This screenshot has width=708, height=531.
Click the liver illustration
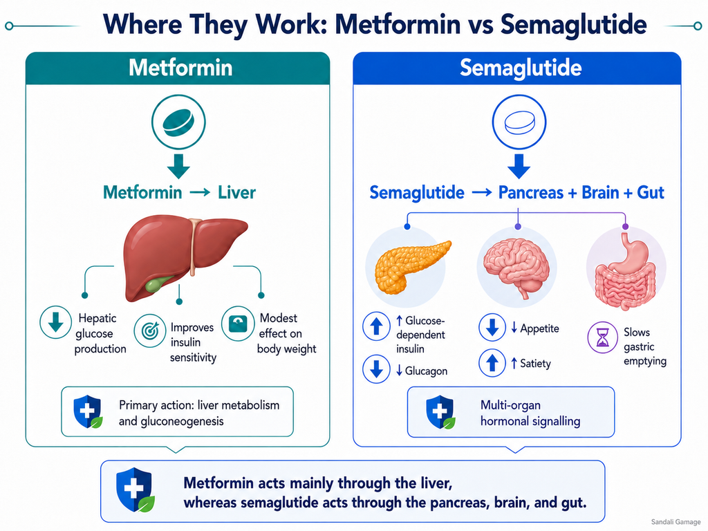click(185, 257)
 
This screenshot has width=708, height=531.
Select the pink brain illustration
click(516, 266)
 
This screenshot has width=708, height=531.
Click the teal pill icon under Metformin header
click(178, 122)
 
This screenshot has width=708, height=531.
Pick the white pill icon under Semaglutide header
click(519, 122)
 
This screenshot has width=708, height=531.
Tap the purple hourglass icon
click(602, 337)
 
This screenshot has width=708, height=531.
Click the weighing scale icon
click(238, 324)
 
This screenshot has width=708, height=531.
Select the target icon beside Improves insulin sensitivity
click(150, 330)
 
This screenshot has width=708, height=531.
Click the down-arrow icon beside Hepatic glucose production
click(55, 322)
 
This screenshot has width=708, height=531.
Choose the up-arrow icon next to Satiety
click(492, 362)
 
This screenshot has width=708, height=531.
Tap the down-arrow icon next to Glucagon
click(376, 369)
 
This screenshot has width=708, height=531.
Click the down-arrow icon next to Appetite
click(492, 327)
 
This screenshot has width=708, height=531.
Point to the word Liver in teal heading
click(236, 193)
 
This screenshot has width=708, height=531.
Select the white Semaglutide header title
click(521, 68)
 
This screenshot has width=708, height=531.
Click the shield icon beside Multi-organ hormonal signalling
click(440, 412)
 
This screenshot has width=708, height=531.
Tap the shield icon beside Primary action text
click(88, 411)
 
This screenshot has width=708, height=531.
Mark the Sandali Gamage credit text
click(676, 522)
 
